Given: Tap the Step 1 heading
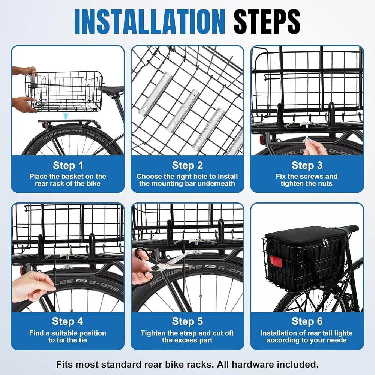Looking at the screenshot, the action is point(68,165).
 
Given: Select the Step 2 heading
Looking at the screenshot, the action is point(187,165).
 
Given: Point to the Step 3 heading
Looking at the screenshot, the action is point(307,165).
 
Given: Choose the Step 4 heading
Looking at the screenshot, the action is point(67,321).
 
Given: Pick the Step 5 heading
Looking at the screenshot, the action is point(187,321).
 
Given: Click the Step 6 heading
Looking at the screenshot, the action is point(307,321).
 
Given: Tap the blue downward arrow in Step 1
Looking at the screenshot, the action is point(66,116).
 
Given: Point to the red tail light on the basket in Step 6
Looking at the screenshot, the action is point(276,261).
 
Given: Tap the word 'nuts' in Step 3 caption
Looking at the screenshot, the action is point(325,184).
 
